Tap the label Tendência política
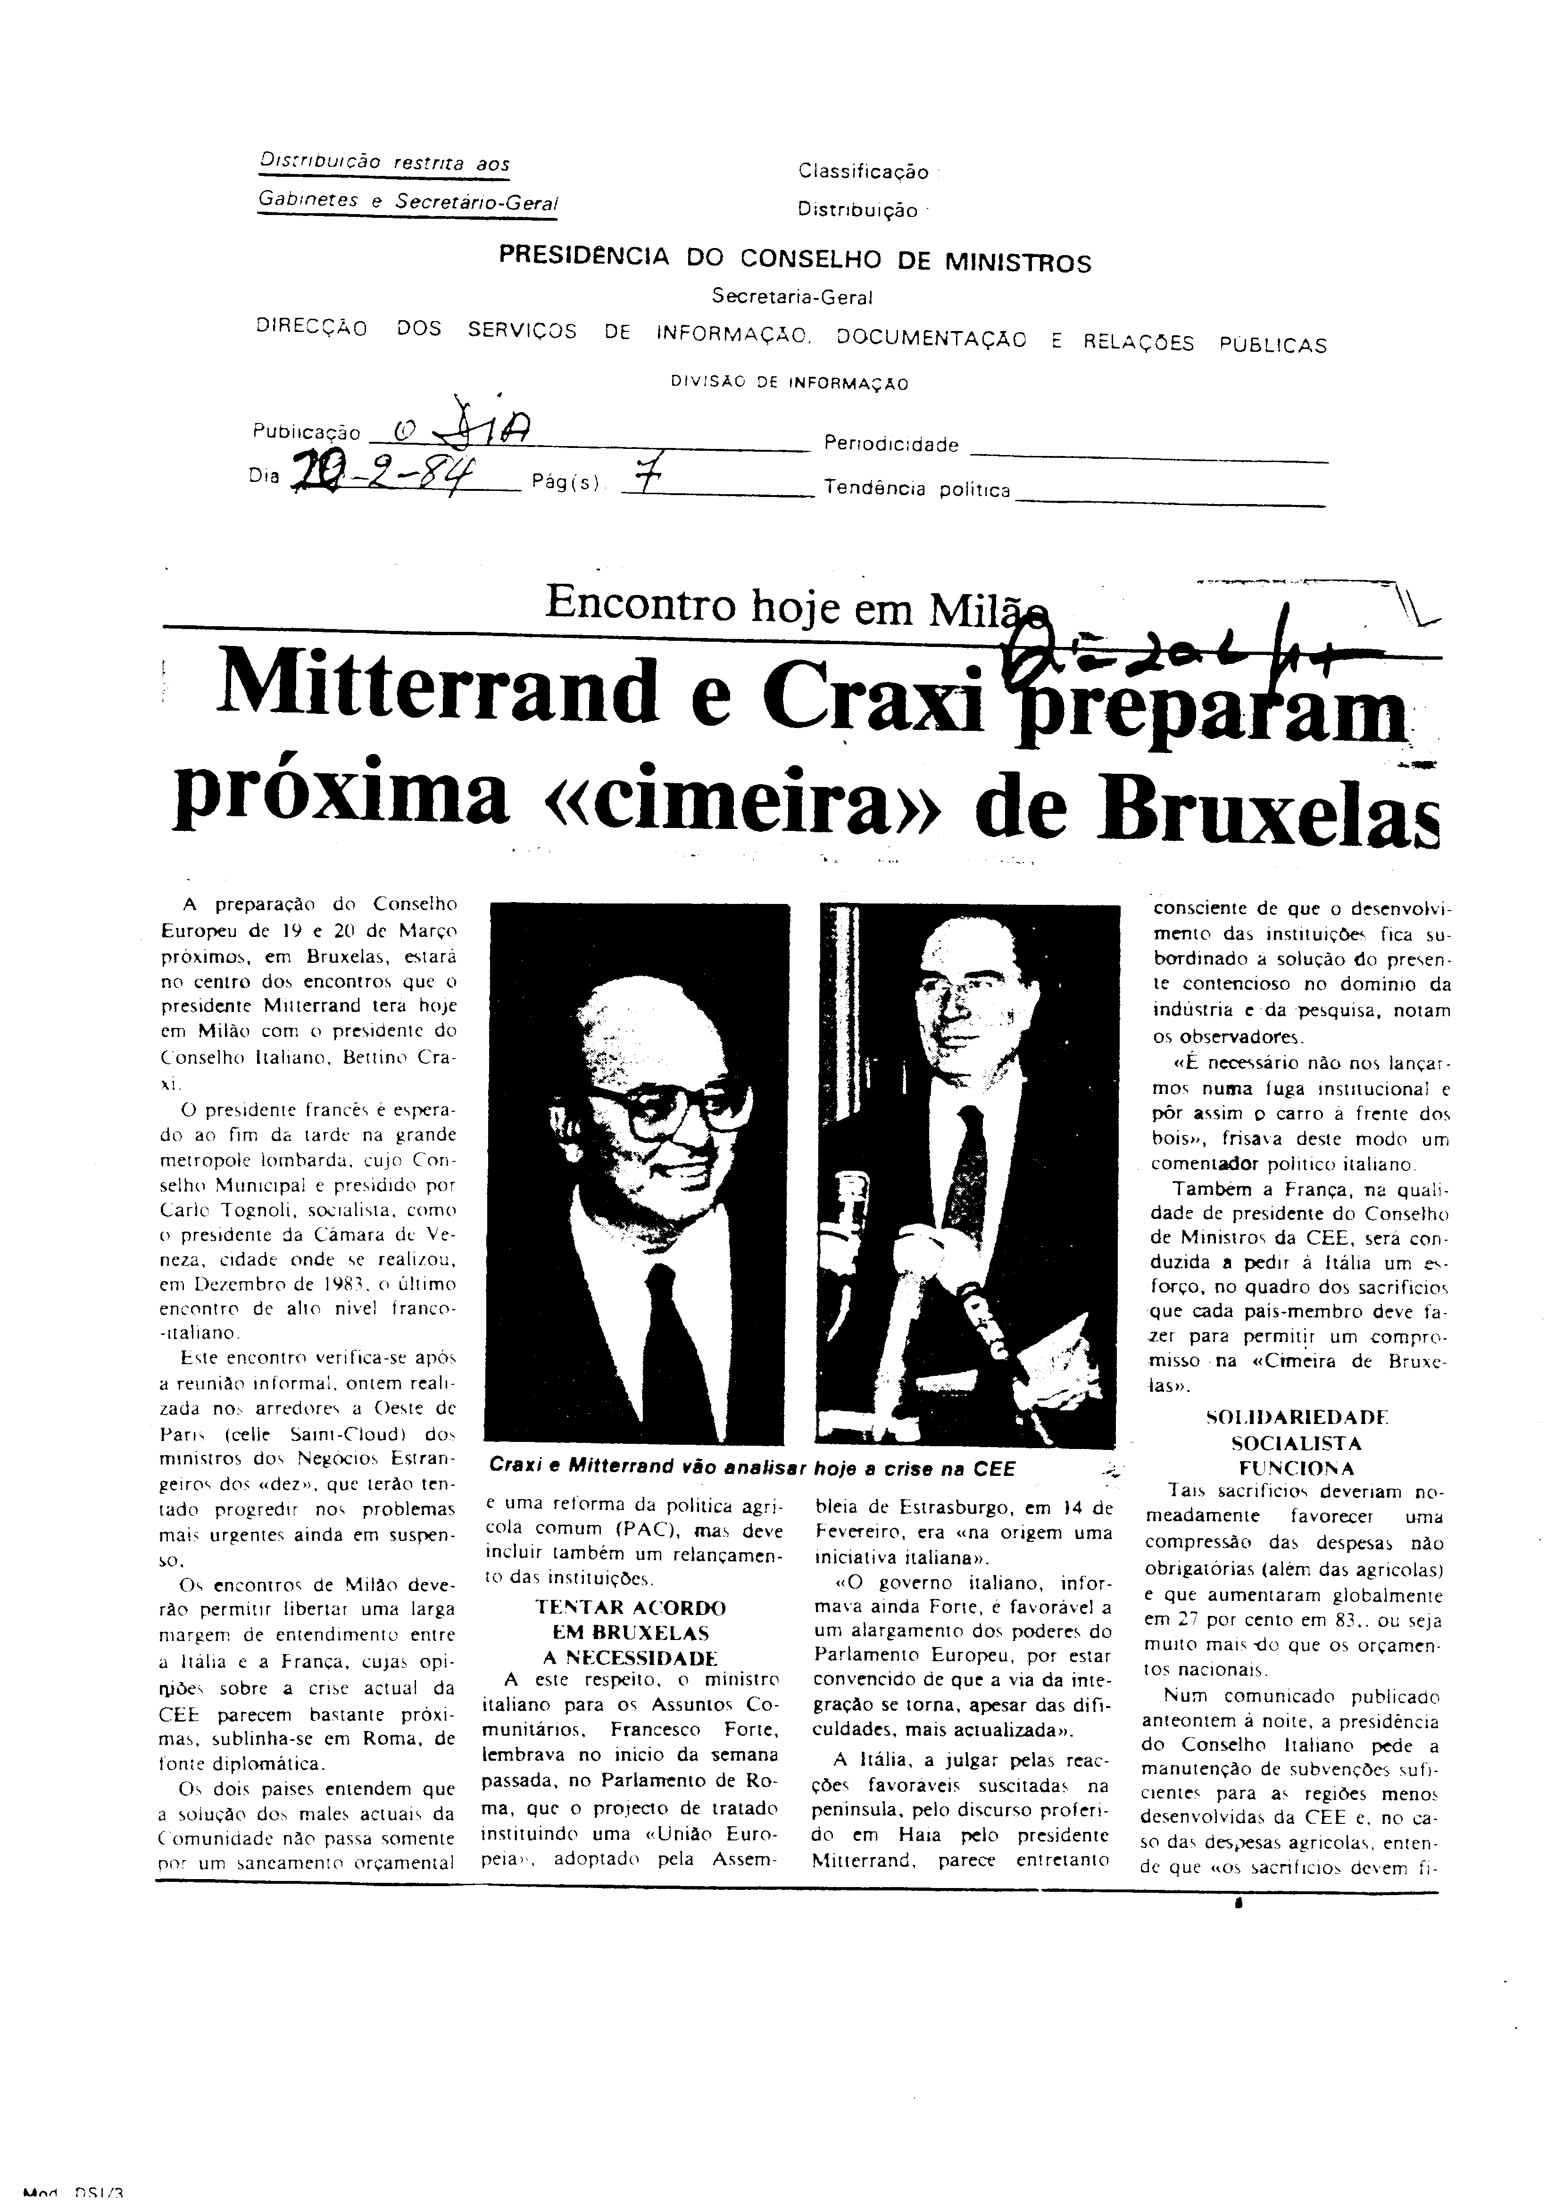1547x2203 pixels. click(916, 489)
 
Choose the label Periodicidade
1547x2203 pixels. click(890, 444)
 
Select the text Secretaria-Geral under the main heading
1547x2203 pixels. click(792, 298)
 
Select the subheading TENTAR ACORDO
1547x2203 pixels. click(630, 1607)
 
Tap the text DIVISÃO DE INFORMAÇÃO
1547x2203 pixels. click(789, 383)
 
